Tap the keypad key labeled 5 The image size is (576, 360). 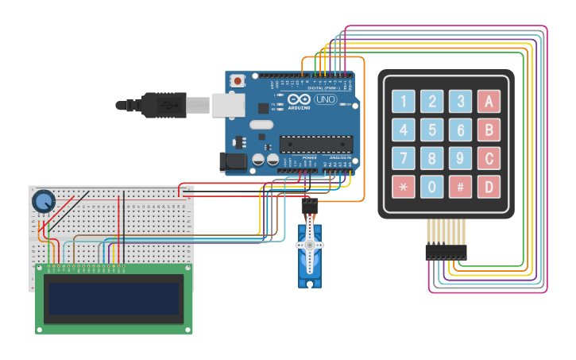point(431,130)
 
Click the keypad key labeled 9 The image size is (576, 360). point(460,158)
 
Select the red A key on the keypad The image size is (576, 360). point(489,101)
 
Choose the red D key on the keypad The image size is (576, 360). point(489,187)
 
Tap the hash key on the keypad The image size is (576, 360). point(460,187)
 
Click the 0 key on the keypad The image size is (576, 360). point(431,187)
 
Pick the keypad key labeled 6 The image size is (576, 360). point(460,130)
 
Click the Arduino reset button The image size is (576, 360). point(238,80)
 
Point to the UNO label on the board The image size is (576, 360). point(325,99)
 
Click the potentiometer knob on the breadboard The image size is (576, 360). point(43,201)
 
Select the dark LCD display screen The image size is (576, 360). point(114,299)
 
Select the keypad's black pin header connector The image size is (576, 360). point(446,252)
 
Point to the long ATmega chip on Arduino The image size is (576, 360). point(315,144)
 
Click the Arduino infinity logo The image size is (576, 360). point(299,99)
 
